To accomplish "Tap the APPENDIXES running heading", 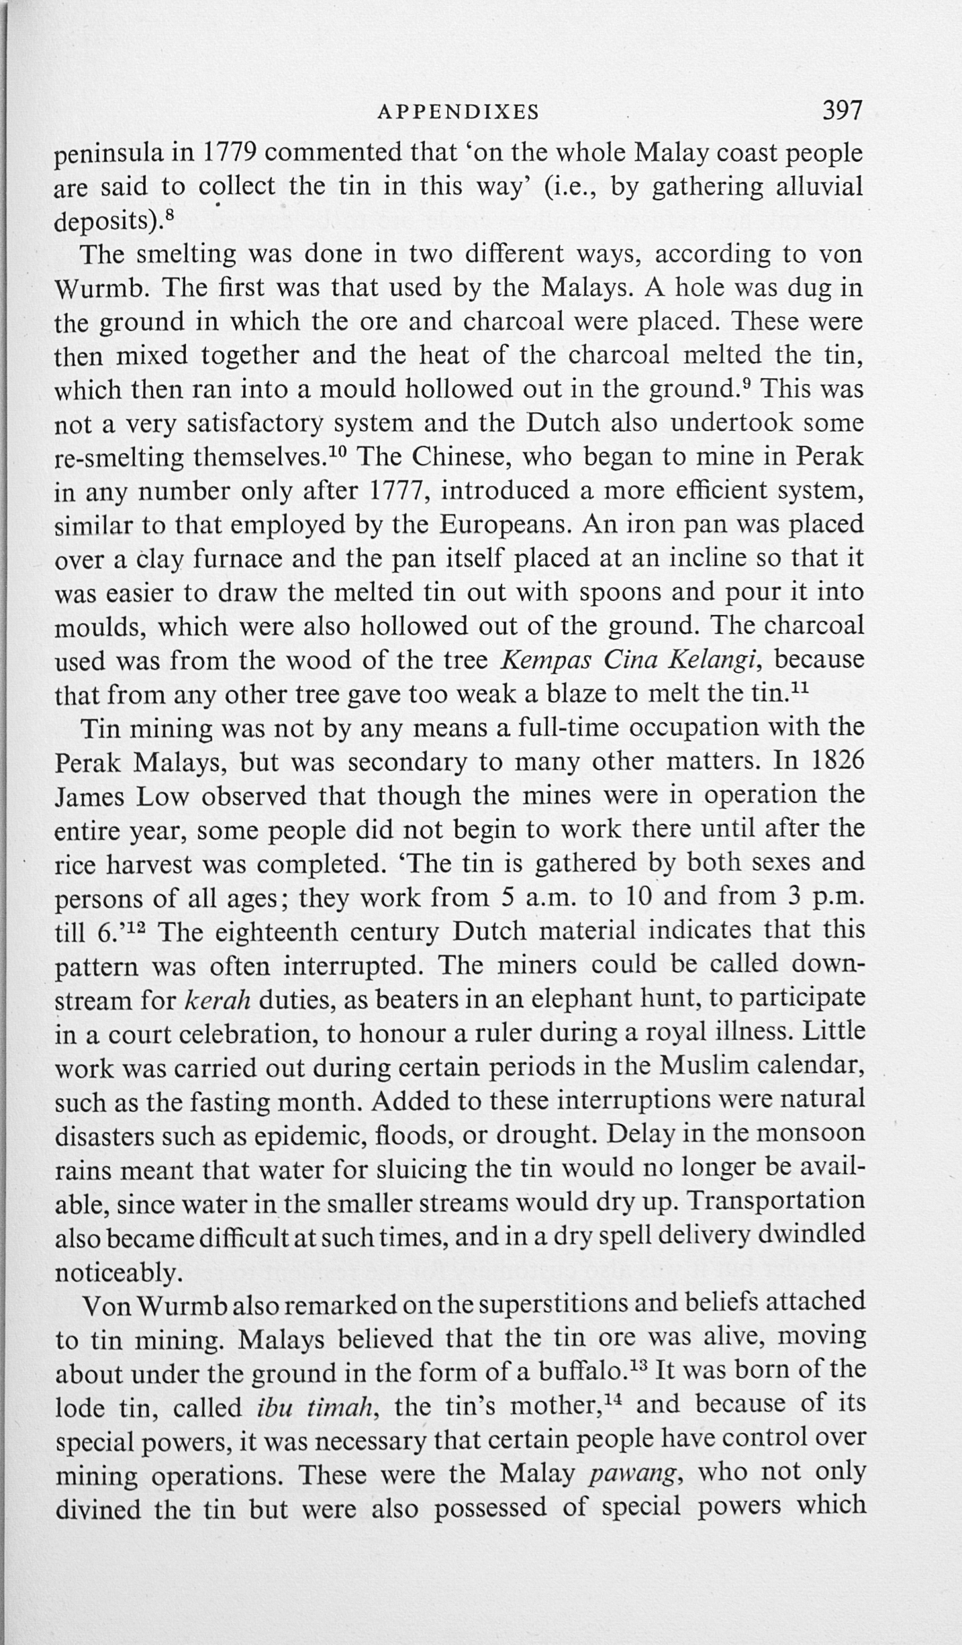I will click(x=459, y=112).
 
